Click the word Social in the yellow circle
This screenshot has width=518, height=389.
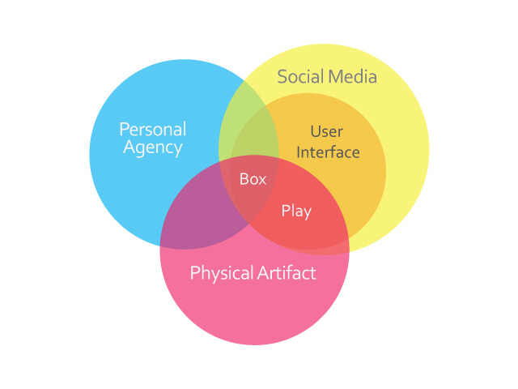301,76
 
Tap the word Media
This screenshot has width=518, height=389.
353,76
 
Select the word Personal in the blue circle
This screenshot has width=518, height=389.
153,129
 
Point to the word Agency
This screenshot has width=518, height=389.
153,147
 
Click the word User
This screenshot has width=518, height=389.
327,131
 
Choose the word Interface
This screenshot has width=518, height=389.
328,152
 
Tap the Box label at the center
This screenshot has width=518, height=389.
253,179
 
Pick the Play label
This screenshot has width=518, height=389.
296,212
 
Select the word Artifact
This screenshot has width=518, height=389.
287,273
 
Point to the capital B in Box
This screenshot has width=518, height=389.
244,179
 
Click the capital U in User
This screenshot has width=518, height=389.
316,131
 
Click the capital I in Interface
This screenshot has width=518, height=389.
299,152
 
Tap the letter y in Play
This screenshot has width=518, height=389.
307,213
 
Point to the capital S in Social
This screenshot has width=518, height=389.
282,77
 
